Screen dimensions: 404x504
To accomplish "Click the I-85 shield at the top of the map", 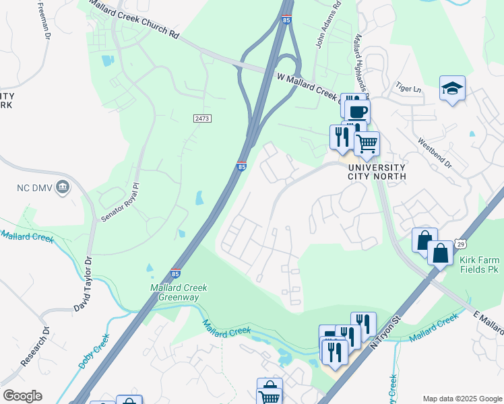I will click(286, 20).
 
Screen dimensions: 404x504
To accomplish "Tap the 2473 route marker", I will click(201, 119).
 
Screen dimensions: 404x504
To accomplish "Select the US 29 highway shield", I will click(460, 242).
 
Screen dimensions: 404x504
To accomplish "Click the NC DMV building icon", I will click(63, 187).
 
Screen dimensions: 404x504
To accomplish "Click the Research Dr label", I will click(34, 347).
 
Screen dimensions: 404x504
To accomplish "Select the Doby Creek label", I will click(93, 351).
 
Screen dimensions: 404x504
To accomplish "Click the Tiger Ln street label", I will click(408, 89).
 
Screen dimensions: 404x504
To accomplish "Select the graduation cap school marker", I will click(452, 88).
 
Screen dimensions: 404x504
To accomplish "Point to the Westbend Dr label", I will click(435, 154).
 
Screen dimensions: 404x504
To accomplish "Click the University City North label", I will click(376, 172).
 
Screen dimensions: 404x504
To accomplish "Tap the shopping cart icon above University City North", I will click(367, 142).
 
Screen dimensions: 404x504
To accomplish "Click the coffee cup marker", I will click(358, 111).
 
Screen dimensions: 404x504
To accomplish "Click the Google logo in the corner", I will click(22, 396).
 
